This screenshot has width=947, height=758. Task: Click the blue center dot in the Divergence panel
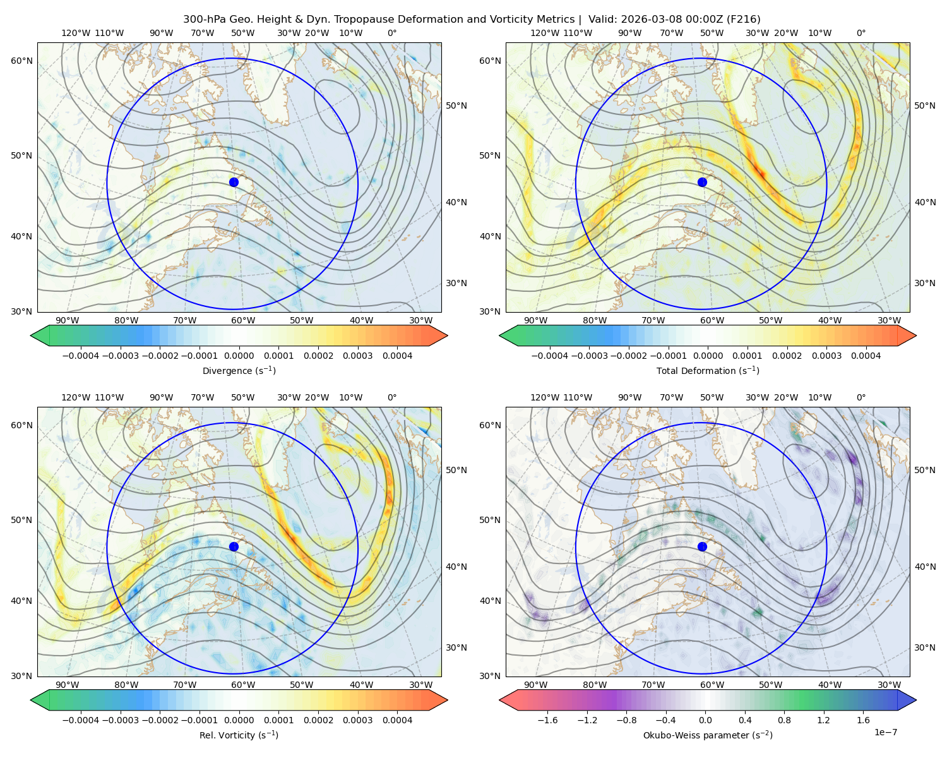pos(234,183)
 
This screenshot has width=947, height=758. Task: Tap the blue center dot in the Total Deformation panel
pos(702,183)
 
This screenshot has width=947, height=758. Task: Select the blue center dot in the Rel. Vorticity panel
pos(234,546)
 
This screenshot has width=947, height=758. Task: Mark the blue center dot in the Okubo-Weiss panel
pos(702,546)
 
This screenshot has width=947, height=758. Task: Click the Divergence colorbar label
pos(239,370)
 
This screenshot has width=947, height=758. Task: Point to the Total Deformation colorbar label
pos(708,370)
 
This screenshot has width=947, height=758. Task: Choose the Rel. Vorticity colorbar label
pos(239,735)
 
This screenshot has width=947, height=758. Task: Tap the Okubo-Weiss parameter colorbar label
pos(708,735)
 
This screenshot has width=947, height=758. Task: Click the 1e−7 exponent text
pos(885,732)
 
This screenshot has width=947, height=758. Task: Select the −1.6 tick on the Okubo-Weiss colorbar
pos(547,720)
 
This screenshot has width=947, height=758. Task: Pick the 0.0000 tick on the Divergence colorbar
pos(239,356)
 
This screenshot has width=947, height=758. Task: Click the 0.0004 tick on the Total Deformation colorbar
pos(866,356)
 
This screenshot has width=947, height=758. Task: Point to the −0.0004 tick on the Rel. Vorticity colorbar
pos(81,720)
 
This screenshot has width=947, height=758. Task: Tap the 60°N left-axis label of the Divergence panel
pos(21,61)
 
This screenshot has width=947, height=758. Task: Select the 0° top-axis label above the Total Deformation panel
pos(861,33)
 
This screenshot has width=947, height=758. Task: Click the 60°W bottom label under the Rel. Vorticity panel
pos(243,685)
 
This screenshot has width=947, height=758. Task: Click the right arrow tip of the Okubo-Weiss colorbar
pos(916,700)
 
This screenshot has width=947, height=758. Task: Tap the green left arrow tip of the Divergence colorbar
pos(31,335)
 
